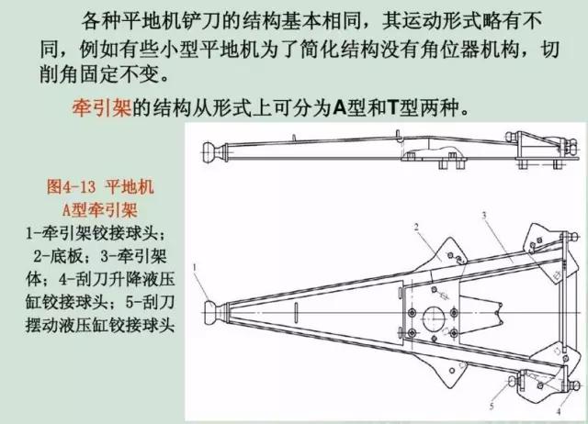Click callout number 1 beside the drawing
tap(195, 267)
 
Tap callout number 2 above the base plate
tap(416, 227)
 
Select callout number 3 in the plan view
tap(484, 215)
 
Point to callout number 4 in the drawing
tap(559, 411)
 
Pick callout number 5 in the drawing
tap(492, 406)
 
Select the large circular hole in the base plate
tap(434, 319)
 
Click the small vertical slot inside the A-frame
tap(296, 312)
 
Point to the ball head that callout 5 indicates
tap(513, 381)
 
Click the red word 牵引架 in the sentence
tap(101, 108)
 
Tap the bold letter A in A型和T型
tap(339, 108)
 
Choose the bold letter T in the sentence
tap(392, 108)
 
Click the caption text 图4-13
tap(71, 186)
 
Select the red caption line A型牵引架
tap(100, 210)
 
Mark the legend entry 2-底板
tap(58, 256)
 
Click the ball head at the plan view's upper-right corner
tap(572, 237)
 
